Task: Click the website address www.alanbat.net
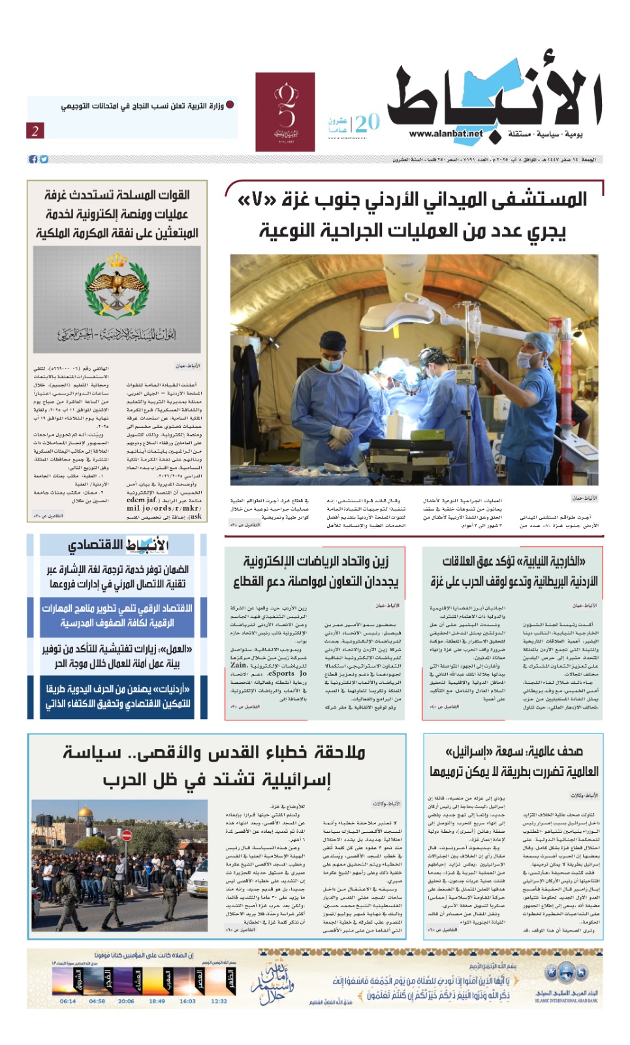click(x=446, y=134)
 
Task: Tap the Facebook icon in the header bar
click(x=33, y=159)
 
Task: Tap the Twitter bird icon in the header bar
click(x=44, y=159)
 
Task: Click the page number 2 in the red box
click(x=35, y=131)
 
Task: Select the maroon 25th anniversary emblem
click(x=285, y=112)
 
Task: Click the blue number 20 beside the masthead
click(x=368, y=122)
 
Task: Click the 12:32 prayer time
click(x=219, y=1001)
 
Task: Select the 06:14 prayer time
click(x=68, y=1001)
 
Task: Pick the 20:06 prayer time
click(x=126, y=1001)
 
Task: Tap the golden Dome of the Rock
click(x=86, y=815)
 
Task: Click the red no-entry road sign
click(x=127, y=835)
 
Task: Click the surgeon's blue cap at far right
click(x=540, y=341)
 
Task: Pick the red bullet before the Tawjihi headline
click(x=230, y=104)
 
